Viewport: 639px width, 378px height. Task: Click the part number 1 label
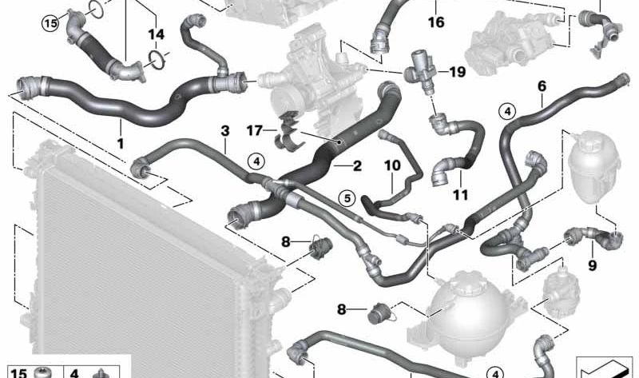(x=121, y=143)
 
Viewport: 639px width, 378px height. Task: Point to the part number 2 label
(x=357, y=166)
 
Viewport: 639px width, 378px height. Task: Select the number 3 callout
(x=225, y=131)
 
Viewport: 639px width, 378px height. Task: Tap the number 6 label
(x=542, y=86)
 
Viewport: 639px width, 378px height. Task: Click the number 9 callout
(x=592, y=265)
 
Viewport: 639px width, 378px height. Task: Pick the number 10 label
(x=392, y=165)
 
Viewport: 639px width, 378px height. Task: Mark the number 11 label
(x=461, y=195)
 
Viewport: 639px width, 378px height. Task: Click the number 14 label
(x=156, y=34)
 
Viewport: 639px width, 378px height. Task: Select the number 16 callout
(x=435, y=22)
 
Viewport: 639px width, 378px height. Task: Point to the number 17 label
(x=254, y=130)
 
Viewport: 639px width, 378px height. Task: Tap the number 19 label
(x=457, y=72)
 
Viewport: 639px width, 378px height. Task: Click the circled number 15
(x=50, y=23)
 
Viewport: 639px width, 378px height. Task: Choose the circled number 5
(x=347, y=198)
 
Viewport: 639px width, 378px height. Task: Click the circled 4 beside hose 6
(x=507, y=111)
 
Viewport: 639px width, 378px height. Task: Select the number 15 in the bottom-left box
(x=18, y=372)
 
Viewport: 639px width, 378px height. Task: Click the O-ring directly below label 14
(x=157, y=59)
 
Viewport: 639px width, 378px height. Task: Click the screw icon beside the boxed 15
(x=42, y=372)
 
